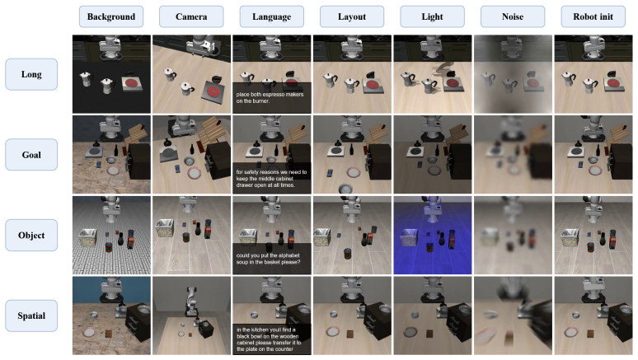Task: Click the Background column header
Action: (111, 16)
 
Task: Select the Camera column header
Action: (191, 16)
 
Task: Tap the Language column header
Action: (271, 16)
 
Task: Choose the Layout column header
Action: (352, 16)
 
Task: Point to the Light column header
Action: (432, 16)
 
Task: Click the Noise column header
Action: (513, 16)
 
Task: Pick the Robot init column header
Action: (593, 16)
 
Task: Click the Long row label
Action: (31, 74)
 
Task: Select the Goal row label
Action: (31, 155)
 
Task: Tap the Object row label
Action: (31, 235)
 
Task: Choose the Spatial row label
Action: (31, 316)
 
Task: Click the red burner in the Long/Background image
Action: (131, 84)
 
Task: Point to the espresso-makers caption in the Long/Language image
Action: (270, 98)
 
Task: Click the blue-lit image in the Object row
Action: (433, 235)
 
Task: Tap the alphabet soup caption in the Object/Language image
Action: (268, 259)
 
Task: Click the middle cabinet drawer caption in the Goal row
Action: (271, 179)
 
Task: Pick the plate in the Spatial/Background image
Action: (89, 332)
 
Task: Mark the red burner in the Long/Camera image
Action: (213, 91)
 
